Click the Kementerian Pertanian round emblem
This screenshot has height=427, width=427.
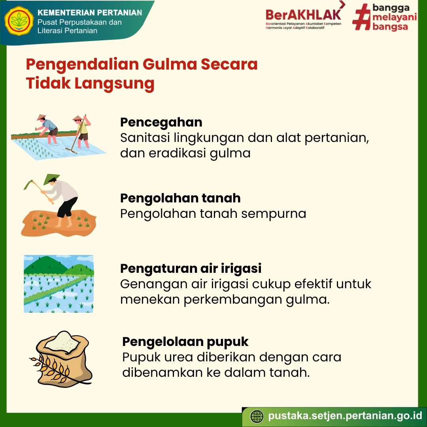[x=19, y=21]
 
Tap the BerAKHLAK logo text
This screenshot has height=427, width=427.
[x=303, y=15]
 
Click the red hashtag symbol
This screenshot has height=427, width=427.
[x=361, y=17]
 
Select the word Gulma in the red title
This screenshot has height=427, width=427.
[x=169, y=64]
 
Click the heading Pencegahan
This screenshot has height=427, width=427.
[x=161, y=122]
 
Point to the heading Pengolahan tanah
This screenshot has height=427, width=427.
[x=180, y=198]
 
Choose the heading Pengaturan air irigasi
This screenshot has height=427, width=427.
[x=191, y=268]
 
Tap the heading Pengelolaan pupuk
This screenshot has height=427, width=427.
[x=185, y=342]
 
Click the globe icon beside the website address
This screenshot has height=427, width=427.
[x=257, y=417]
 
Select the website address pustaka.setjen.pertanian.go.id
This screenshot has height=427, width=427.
[x=345, y=416]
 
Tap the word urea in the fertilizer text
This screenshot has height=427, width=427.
[x=178, y=357]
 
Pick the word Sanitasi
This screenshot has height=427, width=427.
[x=145, y=138]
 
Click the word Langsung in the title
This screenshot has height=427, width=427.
[x=114, y=84]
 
